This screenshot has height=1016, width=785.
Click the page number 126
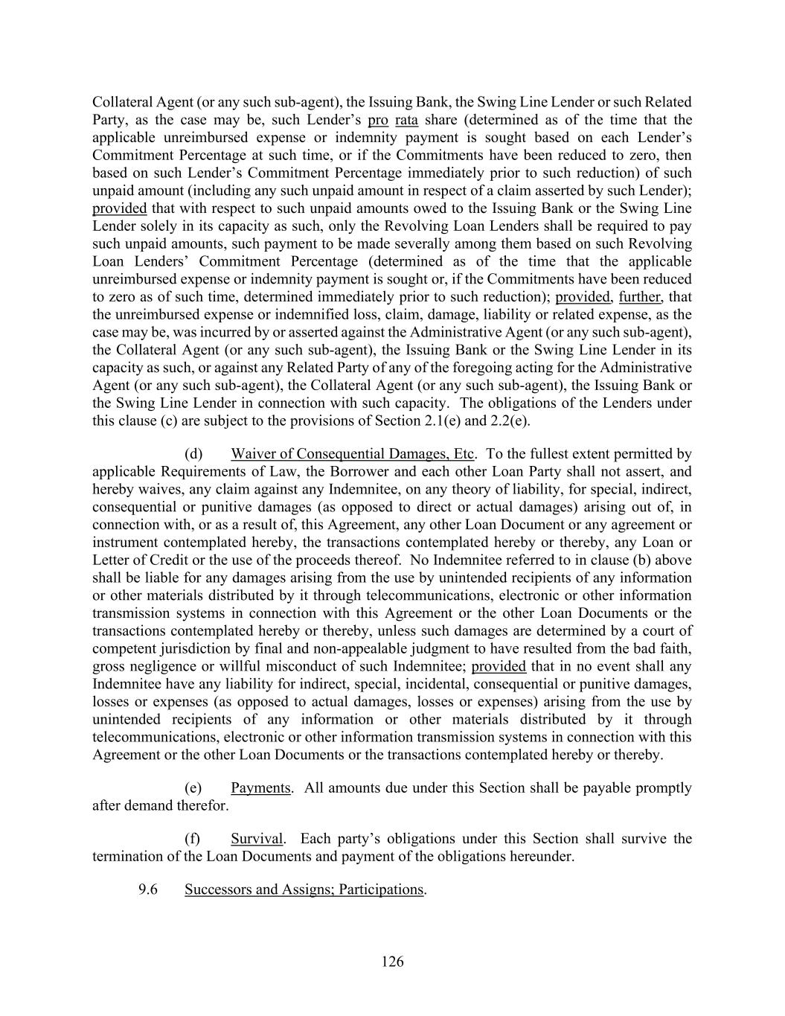(392, 962)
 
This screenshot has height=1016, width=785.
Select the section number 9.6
(147, 889)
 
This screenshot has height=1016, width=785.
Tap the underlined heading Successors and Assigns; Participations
(304, 889)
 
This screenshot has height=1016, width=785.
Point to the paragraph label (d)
(193, 454)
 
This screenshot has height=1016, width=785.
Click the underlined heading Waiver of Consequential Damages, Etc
(352, 454)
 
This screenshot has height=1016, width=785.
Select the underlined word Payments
(260, 788)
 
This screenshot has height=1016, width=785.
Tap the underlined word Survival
(257, 839)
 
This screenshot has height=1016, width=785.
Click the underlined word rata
(406, 120)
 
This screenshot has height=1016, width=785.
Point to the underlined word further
(639, 297)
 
